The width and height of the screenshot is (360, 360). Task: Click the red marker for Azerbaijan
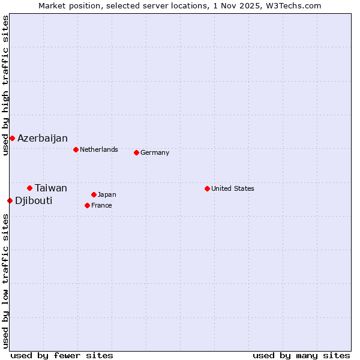(12, 139)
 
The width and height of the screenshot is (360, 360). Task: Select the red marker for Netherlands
(76, 149)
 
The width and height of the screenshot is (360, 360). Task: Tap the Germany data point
(136, 152)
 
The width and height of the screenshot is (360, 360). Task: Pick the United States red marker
(207, 188)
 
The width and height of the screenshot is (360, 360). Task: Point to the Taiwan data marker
(29, 188)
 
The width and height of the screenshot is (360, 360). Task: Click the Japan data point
(94, 194)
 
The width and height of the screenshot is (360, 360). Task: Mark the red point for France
(87, 205)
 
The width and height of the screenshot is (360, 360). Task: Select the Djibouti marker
(10, 200)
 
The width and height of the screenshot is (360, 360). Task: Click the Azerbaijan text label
(43, 139)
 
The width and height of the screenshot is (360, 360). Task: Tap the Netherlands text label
(99, 149)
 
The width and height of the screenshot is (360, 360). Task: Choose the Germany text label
(155, 152)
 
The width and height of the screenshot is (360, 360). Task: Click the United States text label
(233, 188)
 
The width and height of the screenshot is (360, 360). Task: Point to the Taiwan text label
(51, 188)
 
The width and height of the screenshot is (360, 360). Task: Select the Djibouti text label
(34, 200)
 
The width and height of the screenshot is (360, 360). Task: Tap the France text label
(101, 205)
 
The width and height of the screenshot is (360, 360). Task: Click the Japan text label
(107, 194)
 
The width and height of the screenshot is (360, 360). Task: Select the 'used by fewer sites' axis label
(62, 355)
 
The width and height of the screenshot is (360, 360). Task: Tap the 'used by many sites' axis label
(301, 355)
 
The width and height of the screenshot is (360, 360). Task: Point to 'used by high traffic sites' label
(5, 85)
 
